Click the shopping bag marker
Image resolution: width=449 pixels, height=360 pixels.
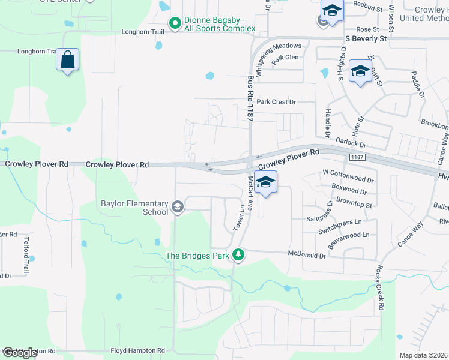click(68, 61)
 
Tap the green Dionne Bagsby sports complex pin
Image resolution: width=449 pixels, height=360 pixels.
click(175, 24)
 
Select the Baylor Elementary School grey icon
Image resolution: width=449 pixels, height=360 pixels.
click(177, 208)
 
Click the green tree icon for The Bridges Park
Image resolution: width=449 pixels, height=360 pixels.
click(239, 255)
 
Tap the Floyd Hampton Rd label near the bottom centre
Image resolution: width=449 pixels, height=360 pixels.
click(137, 350)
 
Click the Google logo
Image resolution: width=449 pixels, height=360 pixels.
click(20, 352)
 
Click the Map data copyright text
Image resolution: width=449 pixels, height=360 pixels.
click(424, 355)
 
